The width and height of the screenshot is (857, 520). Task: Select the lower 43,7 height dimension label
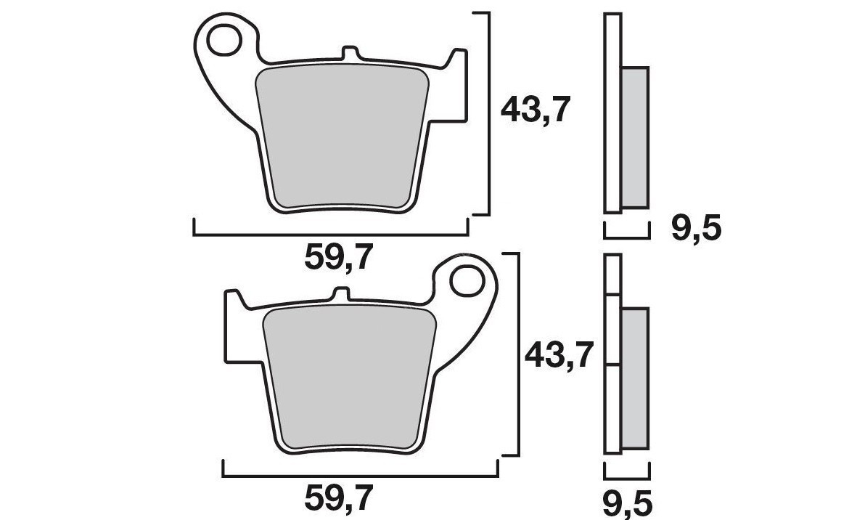(561, 357)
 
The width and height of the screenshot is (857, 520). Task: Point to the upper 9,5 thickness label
(695, 230)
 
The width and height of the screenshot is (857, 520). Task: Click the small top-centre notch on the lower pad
(340, 294)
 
